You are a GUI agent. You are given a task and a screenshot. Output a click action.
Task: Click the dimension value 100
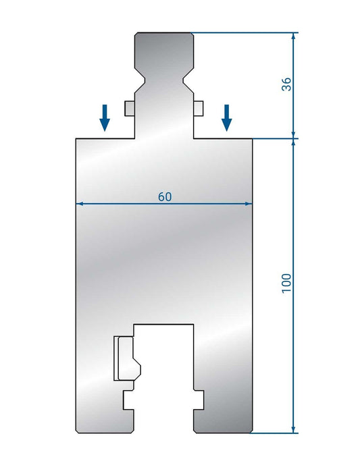point(286,281)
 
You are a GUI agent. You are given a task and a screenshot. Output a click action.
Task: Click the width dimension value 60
point(165,196)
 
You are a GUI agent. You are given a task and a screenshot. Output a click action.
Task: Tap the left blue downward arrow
point(105,117)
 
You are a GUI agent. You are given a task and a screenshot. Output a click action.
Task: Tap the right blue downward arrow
point(227,117)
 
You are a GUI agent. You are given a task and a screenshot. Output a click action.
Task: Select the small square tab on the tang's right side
point(198,108)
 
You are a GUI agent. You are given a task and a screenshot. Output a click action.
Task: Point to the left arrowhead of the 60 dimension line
point(80,203)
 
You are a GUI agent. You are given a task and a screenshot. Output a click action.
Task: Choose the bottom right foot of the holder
point(223,418)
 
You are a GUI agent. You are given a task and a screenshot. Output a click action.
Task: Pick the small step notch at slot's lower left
point(128,400)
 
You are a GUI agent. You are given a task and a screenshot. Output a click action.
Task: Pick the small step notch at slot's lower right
point(199,400)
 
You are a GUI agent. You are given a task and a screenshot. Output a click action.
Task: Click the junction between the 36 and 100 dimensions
point(294,138)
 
